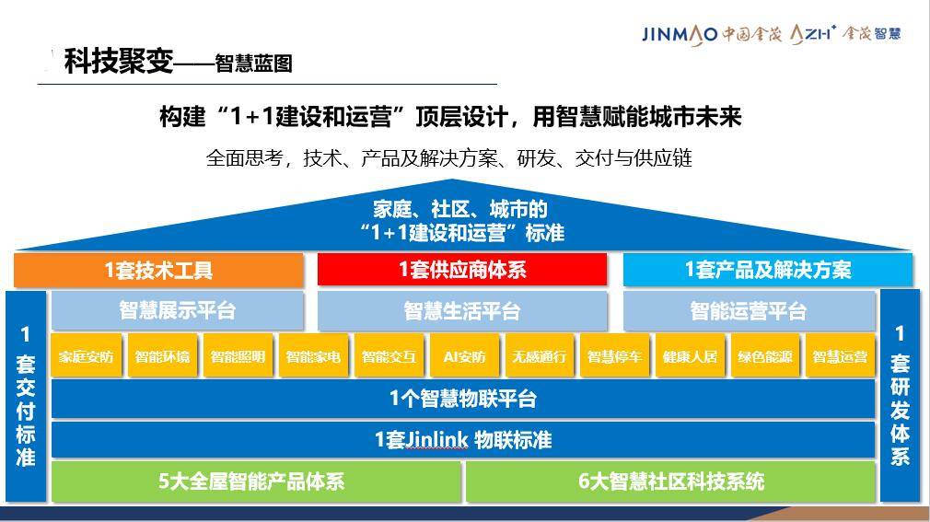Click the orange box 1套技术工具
click(x=159, y=270)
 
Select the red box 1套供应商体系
click(x=462, y=270)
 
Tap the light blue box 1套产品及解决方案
click(x=768, y=270)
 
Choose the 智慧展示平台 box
click(x=178, y=310)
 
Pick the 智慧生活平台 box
click(x=462, y=310)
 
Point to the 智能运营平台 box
click(x=750, y=310)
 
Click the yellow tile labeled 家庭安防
click(x=86, y=356)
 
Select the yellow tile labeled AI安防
click(x=464, y=356)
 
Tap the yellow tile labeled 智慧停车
click(x=614, y=356)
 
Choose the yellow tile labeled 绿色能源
click(x=765, y=356)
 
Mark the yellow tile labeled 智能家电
click(x=312, y=356)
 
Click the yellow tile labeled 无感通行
click(x=540, y=356)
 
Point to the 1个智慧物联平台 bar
click(x=463, y=399)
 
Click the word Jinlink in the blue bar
click(x=437, y=440)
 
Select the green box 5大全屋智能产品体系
click(x=256, y=481)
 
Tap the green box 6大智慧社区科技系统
click(x=671, y=481)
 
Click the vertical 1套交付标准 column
click(x=26, y=396)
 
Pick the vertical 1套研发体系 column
click(x=900, y=396)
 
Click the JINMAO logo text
click(x=680, y=34)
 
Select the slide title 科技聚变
click(x=119, y=61)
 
